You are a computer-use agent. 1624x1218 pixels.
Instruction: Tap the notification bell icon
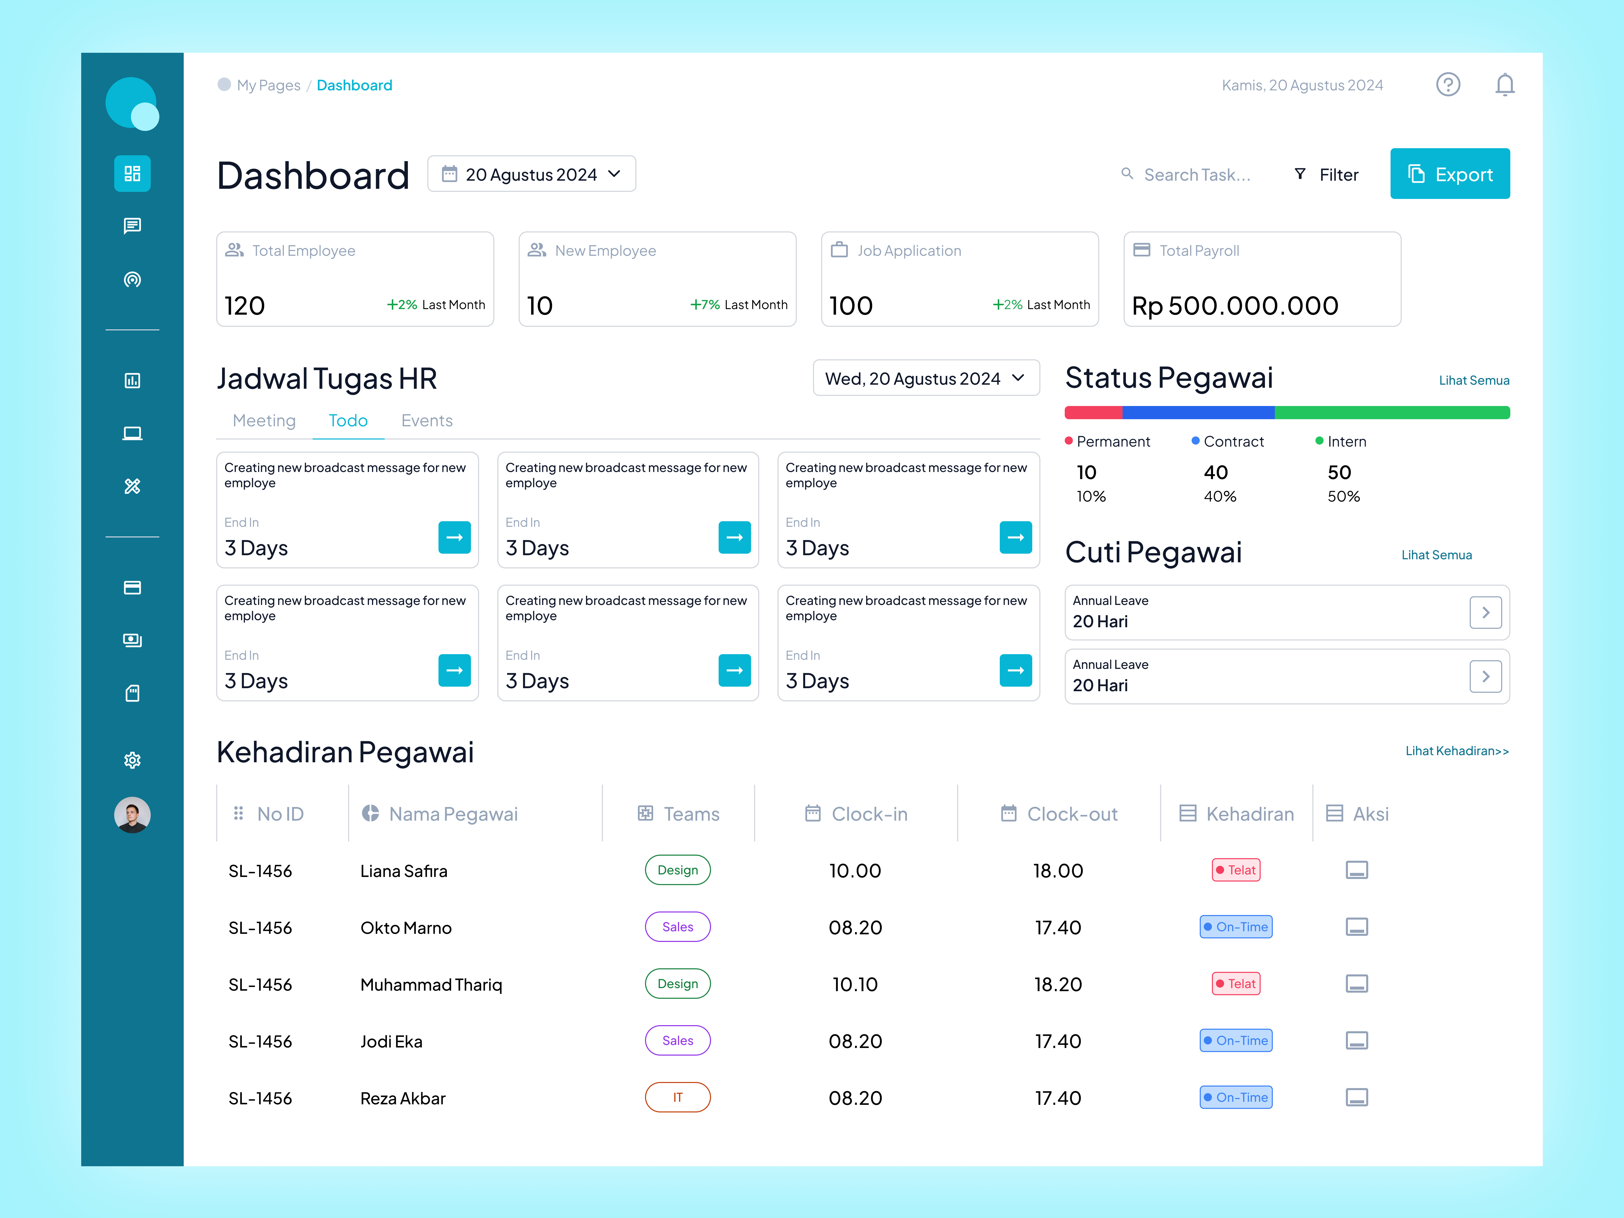point(1504,85)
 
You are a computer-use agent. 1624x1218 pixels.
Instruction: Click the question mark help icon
point(1448,85)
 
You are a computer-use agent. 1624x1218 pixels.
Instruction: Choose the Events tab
point(427,421)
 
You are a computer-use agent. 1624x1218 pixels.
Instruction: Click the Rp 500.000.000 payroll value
point(1235,306)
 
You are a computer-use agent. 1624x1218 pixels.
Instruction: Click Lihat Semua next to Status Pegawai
point(1474,380)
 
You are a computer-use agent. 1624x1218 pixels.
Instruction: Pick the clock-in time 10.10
point(855,985)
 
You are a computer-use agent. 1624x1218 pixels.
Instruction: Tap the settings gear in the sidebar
point(132,760)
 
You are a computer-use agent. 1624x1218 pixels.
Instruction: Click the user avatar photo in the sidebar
point(132,815)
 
